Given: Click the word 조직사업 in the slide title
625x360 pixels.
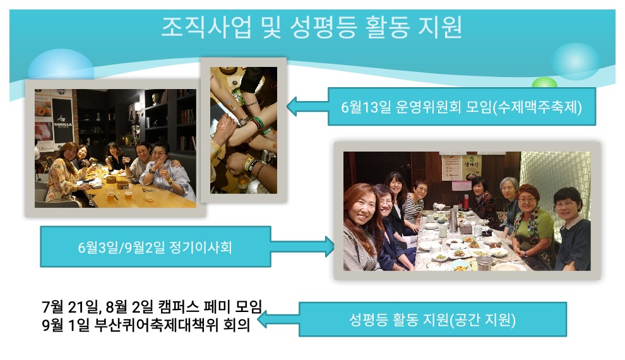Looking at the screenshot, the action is pyautogui.click(x=206, y=27).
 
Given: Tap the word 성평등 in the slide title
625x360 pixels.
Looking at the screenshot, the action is pyautogui.click(x=323, y=27).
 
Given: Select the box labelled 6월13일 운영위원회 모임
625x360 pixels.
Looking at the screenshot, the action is pyautogui.click(x=461, y=107).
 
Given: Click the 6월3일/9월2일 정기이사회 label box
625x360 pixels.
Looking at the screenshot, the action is pyautogui.click(x=155, y=247).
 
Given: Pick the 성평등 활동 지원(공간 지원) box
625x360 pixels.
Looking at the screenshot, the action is pyautogui.click(x=432, y=320).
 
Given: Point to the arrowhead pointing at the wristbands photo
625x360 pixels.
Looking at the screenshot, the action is pyautogui.click(x=292, y=106).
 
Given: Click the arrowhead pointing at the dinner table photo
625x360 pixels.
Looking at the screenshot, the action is pyautogui.click(x=330, y=246).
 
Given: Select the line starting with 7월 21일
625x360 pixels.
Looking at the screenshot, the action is pyautogui.click(x=152, y=306).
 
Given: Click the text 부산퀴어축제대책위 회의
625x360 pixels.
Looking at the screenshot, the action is pyautogui.click(x=172, y=325).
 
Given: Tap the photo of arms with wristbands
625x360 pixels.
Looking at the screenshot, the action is pyautogui.click(x=244, y=130).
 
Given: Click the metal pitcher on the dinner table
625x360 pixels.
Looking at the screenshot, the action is pyautogui.click(x=453, y=219).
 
